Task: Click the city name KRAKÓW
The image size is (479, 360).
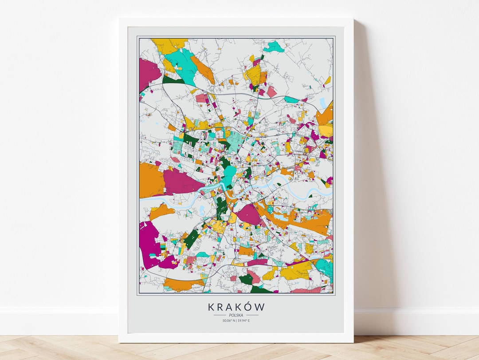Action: [236, 307]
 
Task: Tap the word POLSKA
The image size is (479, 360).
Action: [236, 315]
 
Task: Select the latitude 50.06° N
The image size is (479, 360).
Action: [228, 320]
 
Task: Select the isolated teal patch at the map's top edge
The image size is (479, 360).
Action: [274, 46]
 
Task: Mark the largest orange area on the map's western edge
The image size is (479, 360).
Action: [151, 180]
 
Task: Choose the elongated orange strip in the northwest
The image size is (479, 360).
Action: [202, 70]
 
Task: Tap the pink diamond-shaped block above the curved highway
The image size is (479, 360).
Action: [271, 91]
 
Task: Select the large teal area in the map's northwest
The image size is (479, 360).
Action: [182, 62]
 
